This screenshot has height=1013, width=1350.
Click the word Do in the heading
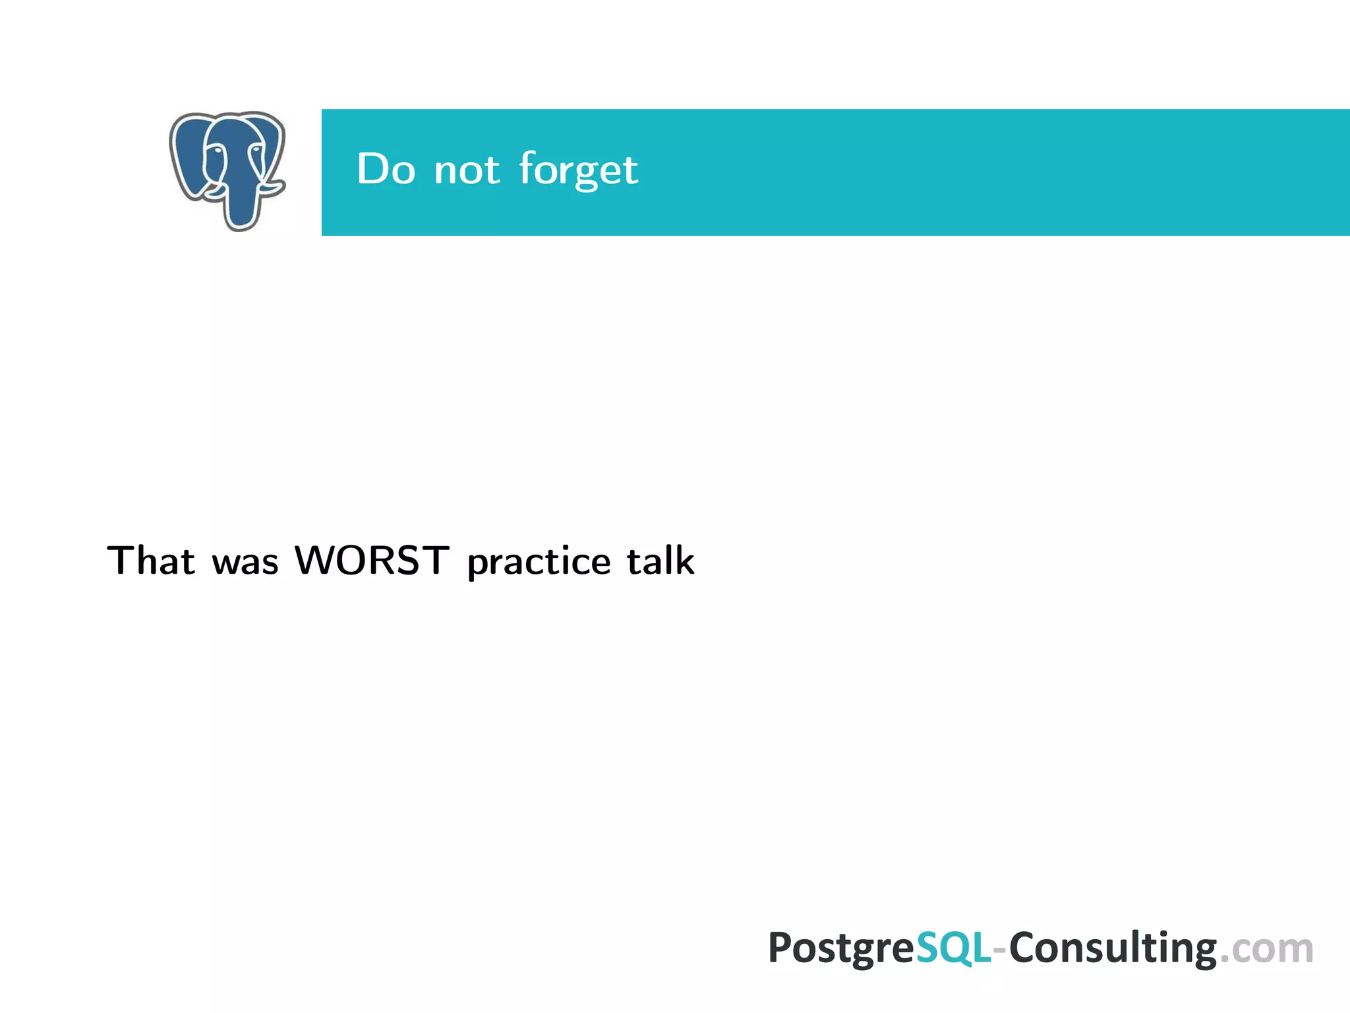386,169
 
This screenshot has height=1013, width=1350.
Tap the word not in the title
467,170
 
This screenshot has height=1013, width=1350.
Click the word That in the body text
151,561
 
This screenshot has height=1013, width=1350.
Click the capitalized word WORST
372,561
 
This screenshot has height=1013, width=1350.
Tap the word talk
660,561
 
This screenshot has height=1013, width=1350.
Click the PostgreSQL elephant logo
227,170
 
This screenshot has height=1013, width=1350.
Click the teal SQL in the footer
953,948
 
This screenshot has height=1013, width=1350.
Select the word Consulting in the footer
1113,948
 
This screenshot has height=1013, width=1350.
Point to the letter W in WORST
315,561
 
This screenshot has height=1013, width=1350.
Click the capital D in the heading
372,169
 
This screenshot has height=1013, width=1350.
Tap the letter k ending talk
684,561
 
